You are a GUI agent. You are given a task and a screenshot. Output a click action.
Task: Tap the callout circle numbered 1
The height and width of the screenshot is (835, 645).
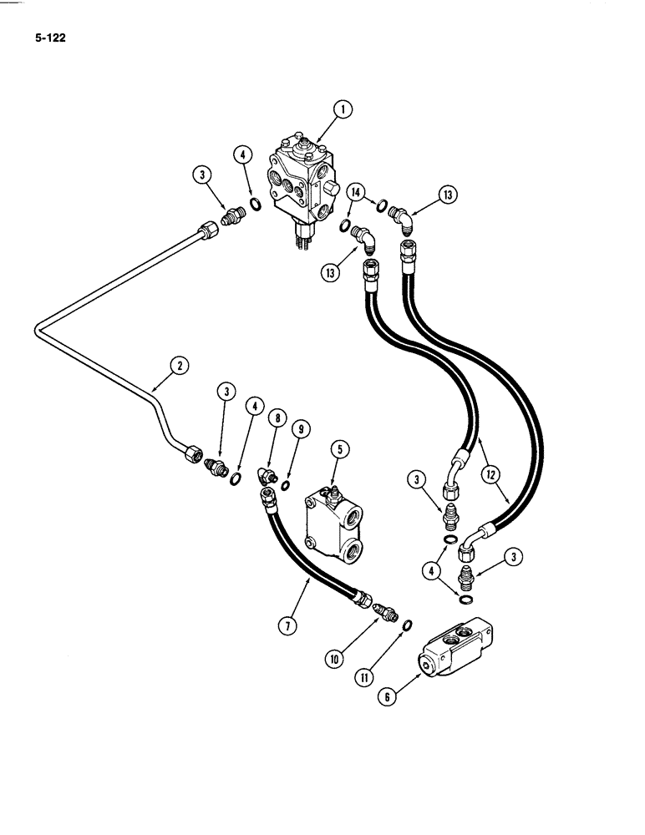pos(343,109)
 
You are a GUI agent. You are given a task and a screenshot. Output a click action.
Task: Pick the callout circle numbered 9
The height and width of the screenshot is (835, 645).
pos(302,429)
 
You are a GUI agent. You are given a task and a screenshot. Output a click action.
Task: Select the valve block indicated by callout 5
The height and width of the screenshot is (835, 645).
pos(334,514)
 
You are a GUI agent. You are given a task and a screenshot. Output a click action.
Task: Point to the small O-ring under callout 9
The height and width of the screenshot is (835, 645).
pos(287,486)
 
